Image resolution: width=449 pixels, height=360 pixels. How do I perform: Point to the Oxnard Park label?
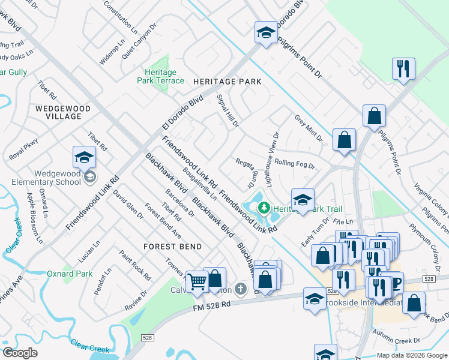(70, 274)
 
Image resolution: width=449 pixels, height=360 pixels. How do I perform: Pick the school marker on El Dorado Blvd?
(265, 33)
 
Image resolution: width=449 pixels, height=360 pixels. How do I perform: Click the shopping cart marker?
(197, 281)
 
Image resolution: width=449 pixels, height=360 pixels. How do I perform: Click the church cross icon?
(241, 290)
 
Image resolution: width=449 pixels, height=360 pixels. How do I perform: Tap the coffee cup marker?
(394, 283)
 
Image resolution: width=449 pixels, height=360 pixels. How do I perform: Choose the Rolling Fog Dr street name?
(295, 163)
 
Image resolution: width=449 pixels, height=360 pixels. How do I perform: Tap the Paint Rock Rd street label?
(135, 265)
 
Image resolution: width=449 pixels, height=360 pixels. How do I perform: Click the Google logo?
(20, 353)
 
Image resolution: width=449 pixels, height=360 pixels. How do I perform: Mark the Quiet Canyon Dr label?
(139, 40)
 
